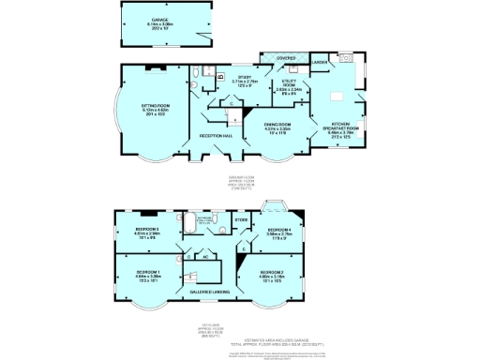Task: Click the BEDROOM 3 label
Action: point(144,229)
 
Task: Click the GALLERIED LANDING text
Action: point(208,291)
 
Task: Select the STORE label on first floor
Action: point(241,220)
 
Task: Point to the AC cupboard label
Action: point(204,256)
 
